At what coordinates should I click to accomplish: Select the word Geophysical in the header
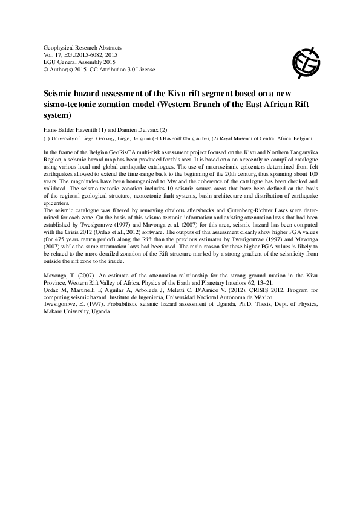61,47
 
